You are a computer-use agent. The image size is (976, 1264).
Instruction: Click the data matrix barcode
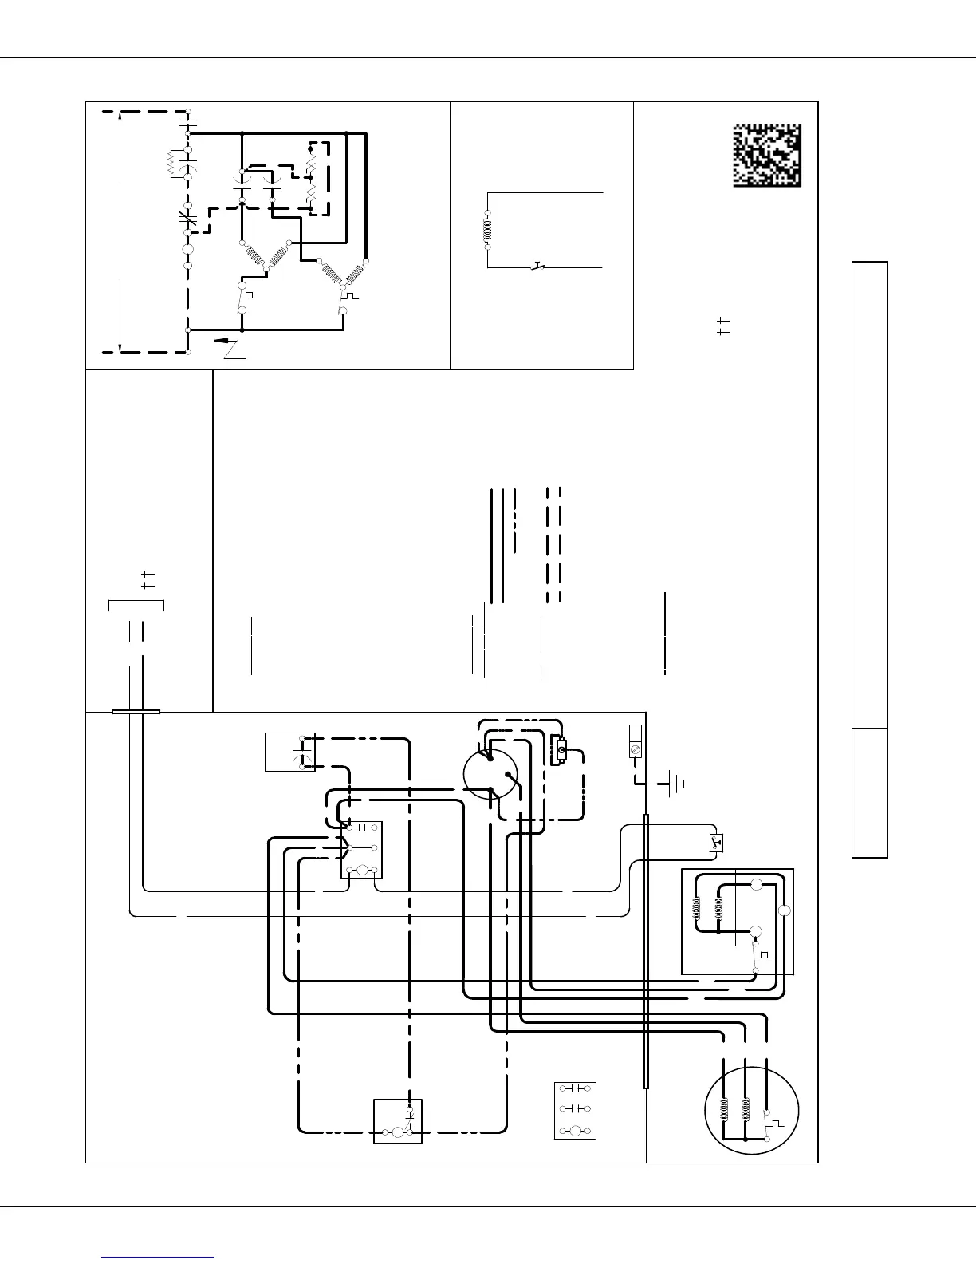coord(767,156)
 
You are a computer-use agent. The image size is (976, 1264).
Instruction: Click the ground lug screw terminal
coord(636,750)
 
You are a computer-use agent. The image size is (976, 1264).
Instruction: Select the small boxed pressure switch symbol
coord(714,842)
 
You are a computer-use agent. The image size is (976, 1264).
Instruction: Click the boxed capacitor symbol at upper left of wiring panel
coord(289,752)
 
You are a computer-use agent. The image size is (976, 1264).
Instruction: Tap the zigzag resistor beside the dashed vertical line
coord(171,164)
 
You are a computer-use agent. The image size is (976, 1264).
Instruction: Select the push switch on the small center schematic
coord(537,266)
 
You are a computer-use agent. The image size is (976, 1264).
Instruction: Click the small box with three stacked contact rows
coord(575,1110)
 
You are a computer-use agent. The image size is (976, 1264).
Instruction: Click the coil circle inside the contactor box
coord(360,870)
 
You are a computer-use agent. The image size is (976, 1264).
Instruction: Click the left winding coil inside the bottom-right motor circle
coord(726,1109)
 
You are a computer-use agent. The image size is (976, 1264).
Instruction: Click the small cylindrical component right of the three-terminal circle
coord(561,750)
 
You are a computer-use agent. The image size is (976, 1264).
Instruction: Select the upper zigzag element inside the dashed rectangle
coord(310,168)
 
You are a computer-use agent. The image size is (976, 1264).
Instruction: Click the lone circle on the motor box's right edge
coord(785,911)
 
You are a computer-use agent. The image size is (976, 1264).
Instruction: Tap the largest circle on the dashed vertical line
coord(188,249)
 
